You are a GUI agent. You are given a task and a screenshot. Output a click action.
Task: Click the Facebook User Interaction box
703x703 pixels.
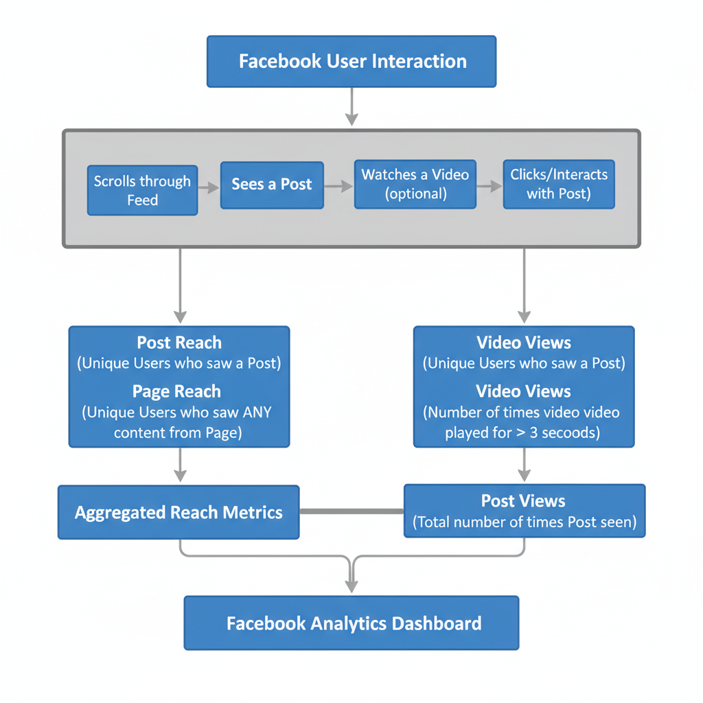(x=351, y=62)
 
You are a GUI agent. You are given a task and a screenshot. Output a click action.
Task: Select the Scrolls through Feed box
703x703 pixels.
(x=142, y=190)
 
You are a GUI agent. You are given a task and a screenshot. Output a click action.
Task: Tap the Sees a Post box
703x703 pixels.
(x=272, y=185)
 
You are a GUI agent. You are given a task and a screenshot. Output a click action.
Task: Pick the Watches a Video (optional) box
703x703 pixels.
(x=415, y=184)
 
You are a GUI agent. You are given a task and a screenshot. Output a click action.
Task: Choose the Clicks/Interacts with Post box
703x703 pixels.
(x=559, y=184)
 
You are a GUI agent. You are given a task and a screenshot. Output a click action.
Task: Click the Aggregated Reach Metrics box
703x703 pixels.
(x=178, y=512)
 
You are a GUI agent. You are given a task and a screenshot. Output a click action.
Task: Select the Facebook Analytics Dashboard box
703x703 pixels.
(x=351, y=623)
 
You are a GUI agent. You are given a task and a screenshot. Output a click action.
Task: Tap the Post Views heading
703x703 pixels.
(x=523, y=501)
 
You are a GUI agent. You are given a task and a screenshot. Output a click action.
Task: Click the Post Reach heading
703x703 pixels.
(x=179, y=343)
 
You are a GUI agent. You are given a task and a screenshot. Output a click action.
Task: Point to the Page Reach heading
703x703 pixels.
(x=176, y=391)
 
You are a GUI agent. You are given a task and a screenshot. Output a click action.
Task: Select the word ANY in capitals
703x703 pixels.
(x=255, y=413)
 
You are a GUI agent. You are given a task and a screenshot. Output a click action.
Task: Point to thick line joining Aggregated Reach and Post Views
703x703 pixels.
(x=351, y=511)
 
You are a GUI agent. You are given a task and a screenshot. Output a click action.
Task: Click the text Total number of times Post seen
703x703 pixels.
(x=525, y=522)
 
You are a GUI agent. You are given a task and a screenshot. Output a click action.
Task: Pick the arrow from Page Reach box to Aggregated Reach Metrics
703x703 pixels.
(x=180, y=466)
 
